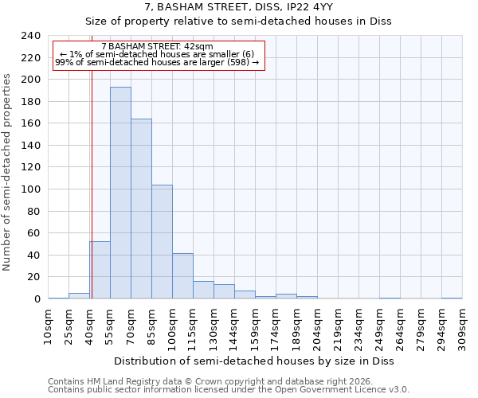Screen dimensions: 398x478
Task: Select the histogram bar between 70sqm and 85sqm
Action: click(141, 209)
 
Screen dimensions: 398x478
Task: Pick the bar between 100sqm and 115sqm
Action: click(182, 276)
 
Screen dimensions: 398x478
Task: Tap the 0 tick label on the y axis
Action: click(37, 299)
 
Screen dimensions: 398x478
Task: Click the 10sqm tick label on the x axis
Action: click(48, 327)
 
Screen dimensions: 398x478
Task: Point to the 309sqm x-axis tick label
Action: click(462, 327)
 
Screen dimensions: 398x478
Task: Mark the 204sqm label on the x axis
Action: click(317, 327)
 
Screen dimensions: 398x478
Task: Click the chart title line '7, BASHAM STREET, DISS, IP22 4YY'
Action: click(238, 7)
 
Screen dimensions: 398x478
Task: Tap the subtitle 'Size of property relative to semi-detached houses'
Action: click(238, 21)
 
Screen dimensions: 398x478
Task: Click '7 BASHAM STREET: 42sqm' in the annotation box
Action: click(157, 47)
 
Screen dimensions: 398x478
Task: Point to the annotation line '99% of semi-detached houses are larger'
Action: click(157, 62)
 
